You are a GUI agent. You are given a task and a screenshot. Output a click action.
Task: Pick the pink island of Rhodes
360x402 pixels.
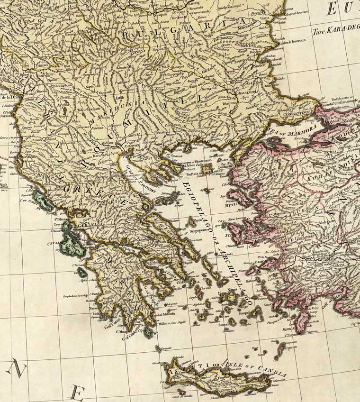click(x=302, y=322)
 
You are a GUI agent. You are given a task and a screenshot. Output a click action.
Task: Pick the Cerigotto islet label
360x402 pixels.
click(x=166, y=348)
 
